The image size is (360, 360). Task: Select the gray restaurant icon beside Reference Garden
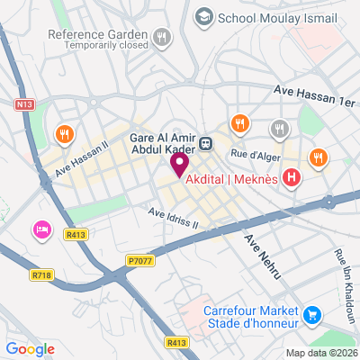pos(162,37)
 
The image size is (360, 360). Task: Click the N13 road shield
pos(23,104)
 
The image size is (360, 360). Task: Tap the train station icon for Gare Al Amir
pos(206,141)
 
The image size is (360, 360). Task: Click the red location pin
pos(178,163)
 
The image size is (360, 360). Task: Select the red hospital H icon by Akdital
pos(291,178)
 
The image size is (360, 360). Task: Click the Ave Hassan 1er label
pos(314,95)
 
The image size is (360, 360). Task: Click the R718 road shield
pos(40,275)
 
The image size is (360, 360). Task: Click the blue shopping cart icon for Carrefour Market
pos(311,314)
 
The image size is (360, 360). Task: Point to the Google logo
pos(30,348)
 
